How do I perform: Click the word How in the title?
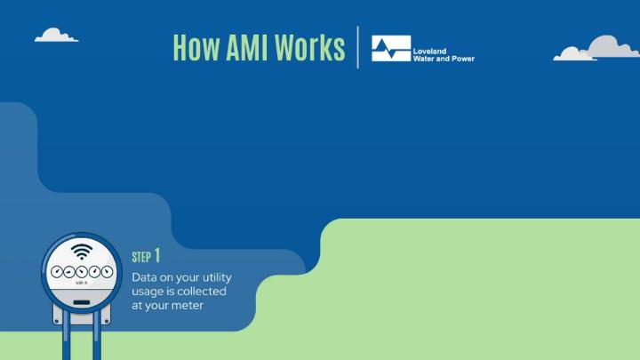tap(196, 48)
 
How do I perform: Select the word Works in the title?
tap(310, 48)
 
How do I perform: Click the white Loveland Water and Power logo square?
tap(391, 48)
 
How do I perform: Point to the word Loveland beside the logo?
tap(429, 52)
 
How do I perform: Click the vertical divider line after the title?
tap(358, 47)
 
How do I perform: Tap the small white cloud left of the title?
tap(56, 35)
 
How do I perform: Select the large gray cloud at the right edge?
tap(611, 46)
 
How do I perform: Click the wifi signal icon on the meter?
tap(82, 252)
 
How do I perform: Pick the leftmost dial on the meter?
tap(57, 272)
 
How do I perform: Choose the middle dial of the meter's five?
tap(82, 272)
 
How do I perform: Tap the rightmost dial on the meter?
tap(107, 272)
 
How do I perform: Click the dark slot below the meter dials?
tap(82, 302)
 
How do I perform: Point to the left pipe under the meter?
tap(67, 336)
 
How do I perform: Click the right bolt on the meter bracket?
tap(107, 321)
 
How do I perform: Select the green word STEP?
tap(141, 258)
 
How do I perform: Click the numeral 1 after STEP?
tap(157, 256)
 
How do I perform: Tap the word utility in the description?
tap(214, 278)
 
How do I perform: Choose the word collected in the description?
tap(202, 292)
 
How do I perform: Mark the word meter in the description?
tap(187, 306)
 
